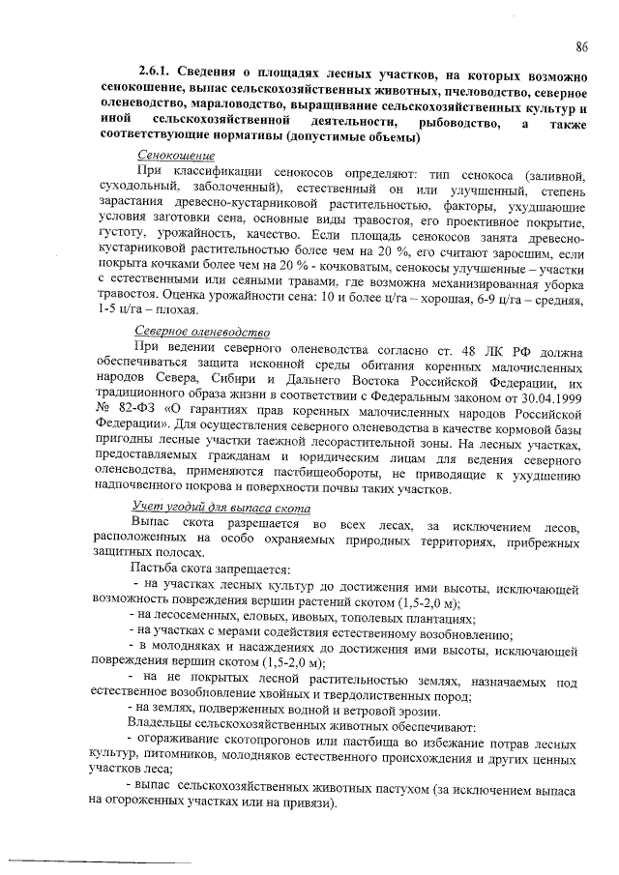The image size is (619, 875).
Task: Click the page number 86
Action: click(582, 46)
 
